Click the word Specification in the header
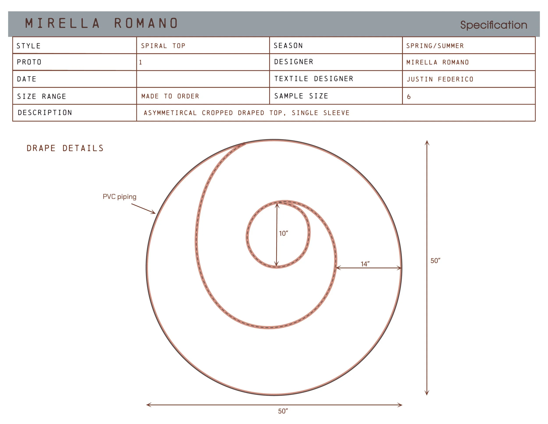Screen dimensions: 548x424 pyautogui.click(x=494, y=25)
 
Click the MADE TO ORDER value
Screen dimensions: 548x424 pyautogui.click(x=170, y=96)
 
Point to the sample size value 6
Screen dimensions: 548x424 pyautogui.click(x=409, y=97)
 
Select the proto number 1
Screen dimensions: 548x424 pyautogui.click(x=141, y=62)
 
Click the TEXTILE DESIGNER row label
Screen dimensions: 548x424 pyautogui.click(x=314, y=79)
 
